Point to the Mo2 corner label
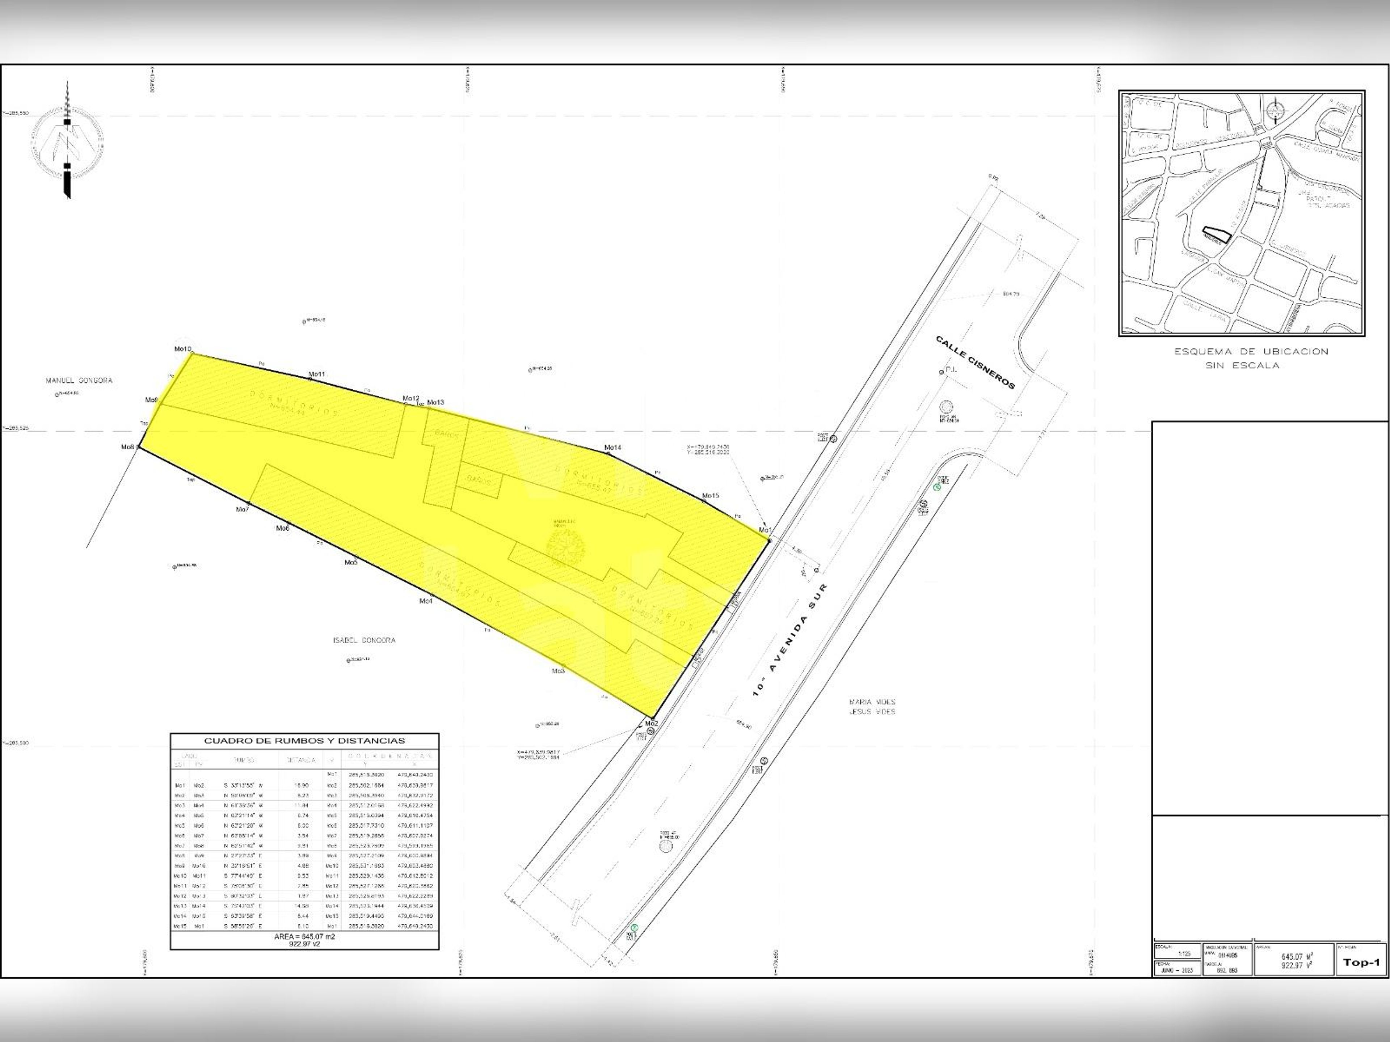click(650, 723)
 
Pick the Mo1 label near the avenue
click(764, 530)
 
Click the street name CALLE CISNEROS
click(975, 363)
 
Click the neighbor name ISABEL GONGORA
click(364, 640)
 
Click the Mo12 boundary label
click(410, 398)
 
